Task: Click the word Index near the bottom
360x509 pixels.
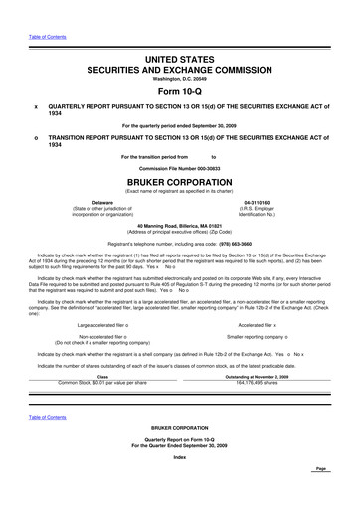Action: click(179, 483)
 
